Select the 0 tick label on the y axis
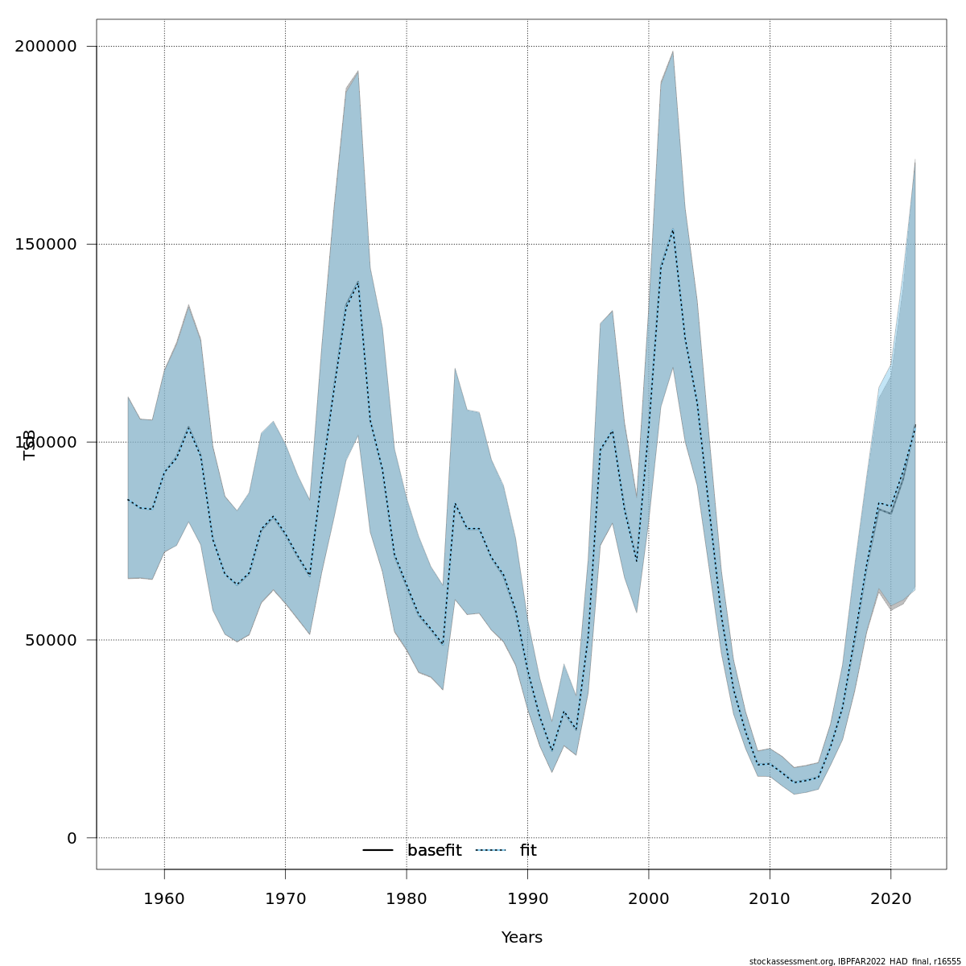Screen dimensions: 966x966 pos(71,838)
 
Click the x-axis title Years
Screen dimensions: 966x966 pos(522,938)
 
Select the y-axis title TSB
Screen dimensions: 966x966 pos(30,444)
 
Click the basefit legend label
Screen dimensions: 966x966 pos(434,851)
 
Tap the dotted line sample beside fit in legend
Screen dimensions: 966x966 pos(490,851)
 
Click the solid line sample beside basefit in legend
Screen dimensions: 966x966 pos(378,851)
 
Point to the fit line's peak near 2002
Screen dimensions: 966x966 pos(673,230)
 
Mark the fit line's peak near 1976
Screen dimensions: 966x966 pos(358,282)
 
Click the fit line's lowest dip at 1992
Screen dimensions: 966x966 pos(552,750)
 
